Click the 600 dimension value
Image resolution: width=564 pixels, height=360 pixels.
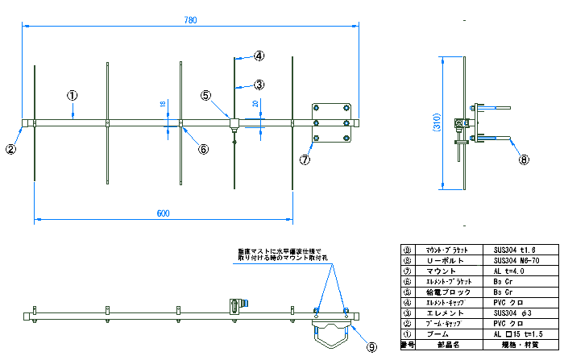coord(163,213)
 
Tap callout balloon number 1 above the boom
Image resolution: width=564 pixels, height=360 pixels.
coord(72,95)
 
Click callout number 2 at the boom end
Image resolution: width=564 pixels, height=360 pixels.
coord(10,148)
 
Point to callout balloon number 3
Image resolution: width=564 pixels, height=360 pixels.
coord(259,84)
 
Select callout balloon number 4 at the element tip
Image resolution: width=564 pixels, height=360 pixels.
coord(259,56)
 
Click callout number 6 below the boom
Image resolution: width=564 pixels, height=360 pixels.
coord(203,149)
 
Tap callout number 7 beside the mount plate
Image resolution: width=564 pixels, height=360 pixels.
coord(305,159)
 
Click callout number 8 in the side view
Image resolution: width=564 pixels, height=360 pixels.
coord(525,159)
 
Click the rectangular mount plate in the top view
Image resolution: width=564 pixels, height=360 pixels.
coord(331,122)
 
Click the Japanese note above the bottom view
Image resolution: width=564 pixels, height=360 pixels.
coord(279,254)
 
